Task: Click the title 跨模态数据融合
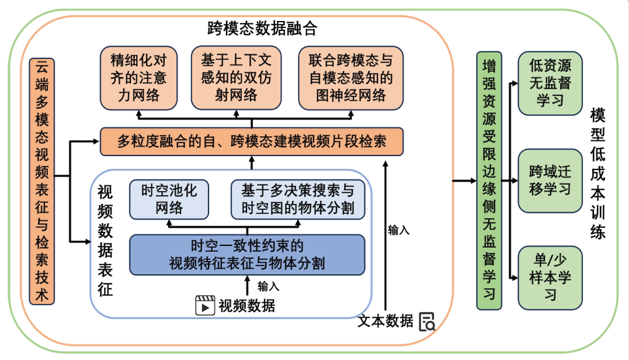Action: [262, 29]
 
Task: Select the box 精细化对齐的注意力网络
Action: [139, 78]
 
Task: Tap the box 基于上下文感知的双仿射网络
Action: [236, 78]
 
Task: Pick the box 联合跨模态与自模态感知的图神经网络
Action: [351, 78]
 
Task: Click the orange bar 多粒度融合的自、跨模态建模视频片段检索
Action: [252, 142]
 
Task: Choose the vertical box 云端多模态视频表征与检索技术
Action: [42, 181]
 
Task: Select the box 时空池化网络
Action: [169, 199]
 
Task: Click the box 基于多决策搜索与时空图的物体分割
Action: [298, 199]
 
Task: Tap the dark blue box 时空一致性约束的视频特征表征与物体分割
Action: [247, 255]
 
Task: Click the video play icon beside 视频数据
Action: [205, 305]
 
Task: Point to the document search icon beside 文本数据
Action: [427, 322]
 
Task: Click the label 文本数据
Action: [385, 321]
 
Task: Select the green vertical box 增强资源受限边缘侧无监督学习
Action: [489, 181]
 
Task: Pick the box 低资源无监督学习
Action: [550, 83]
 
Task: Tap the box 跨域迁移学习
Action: [550, 181]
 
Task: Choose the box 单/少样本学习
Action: [550, 278]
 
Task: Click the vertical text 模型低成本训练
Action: [598, 174]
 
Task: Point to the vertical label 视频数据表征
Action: [105, 241]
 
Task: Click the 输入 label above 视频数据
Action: [268, 286]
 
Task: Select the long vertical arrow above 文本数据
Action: [386, 235]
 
